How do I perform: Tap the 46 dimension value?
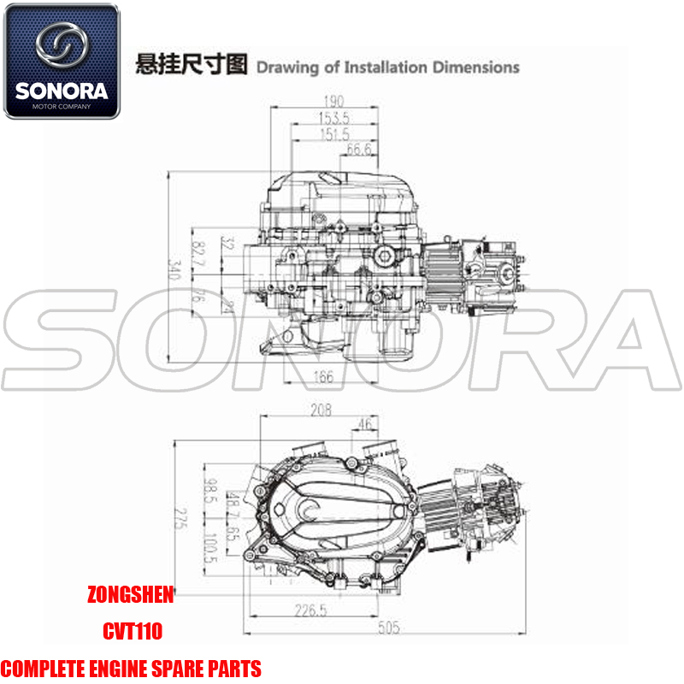pos(365,423)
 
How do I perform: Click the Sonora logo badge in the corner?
pos(62,62)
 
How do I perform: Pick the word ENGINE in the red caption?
pos(130,668)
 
